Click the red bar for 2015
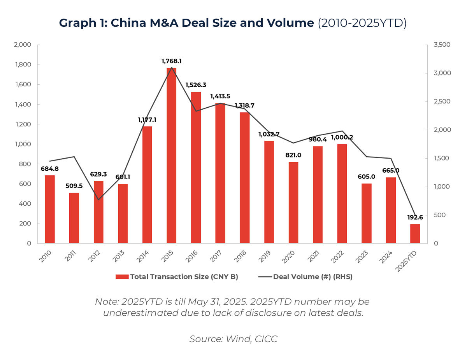tap(172, 156)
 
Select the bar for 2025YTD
tap(415, 234)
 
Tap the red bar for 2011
tap(74, 218)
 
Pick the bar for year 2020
tap(293, 203)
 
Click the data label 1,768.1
tap(172, 61)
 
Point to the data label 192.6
tap(415, 217)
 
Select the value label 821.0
tap(293, 155)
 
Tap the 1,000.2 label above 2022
tap(342, 137)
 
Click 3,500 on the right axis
tap(442, 45)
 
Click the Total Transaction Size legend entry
tap(177, 277)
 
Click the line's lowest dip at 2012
tap(98, 200)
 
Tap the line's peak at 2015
tap(172, 67)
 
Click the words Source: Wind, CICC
tap(233, 339)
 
